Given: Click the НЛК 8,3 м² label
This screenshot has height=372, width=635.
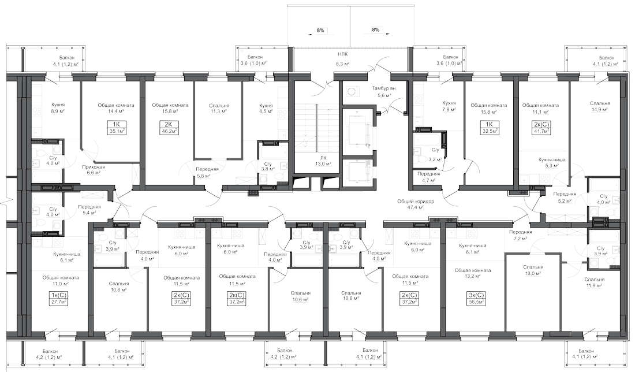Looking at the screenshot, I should pos(343,59).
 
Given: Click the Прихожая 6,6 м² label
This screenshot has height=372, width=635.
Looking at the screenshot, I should pos(89,168).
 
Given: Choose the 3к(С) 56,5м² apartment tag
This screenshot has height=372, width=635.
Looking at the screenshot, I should pos(476,297).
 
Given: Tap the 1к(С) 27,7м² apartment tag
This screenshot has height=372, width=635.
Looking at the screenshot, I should pos(58,297).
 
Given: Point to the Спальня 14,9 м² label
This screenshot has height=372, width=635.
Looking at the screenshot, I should pos(600,108).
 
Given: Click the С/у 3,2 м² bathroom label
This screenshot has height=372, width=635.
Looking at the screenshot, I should pos(435,156).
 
